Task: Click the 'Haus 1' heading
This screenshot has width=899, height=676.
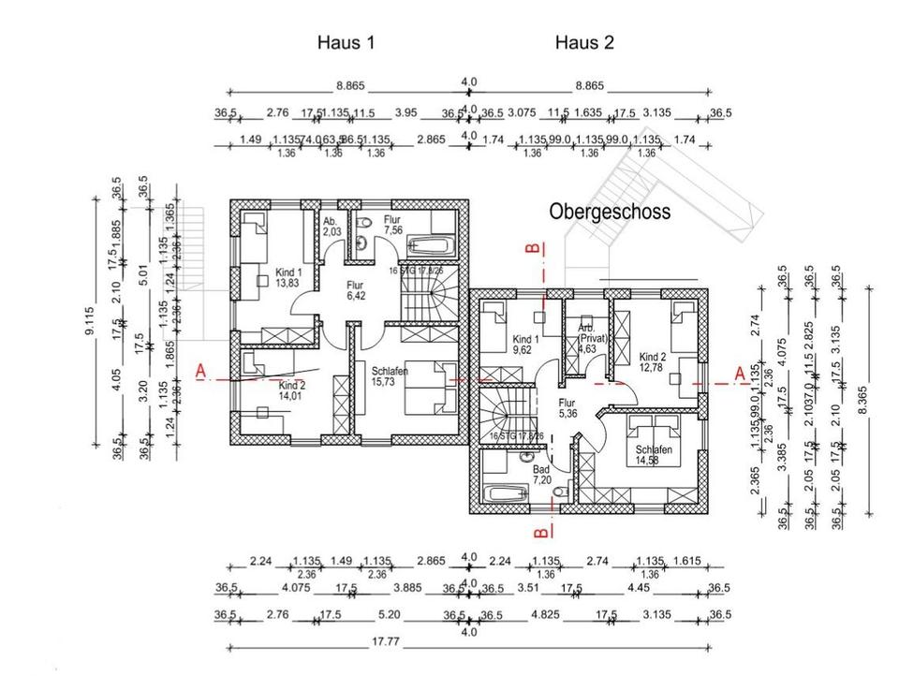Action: coord(346,43)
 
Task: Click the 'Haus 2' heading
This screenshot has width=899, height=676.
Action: coord(584,43)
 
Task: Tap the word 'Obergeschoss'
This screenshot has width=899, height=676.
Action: coord(609,213)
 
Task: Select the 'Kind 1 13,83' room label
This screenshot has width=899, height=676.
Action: coord(288,276)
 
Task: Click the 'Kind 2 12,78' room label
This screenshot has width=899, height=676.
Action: coord(653,362)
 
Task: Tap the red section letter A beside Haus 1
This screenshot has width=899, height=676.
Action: coord(199,373)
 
